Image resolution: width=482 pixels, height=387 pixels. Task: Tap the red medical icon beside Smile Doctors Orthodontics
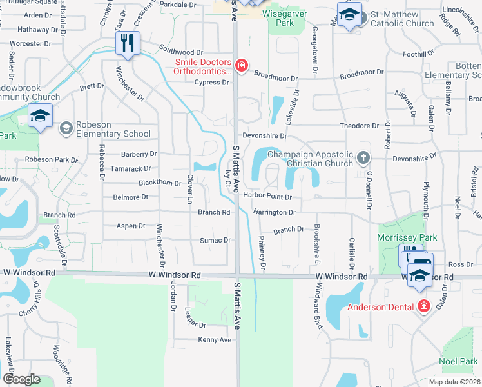pyautogui.click(x=242, y=64)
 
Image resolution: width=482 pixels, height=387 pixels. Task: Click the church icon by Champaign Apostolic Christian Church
pyautogui.click(x=363, y=157)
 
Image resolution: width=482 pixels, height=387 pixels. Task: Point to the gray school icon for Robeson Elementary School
pyautogui.click(x=65, y=129)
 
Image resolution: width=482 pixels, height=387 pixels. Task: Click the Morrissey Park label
pyautogui.click(x=407, y=238)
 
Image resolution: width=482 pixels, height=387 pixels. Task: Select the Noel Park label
pyautogui.click(x=458, y=362)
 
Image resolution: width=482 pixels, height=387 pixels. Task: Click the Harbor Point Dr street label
pyautogui.click(x=267, y=197)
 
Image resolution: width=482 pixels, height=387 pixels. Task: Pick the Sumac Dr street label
pyautogui.click(x=218, y=240)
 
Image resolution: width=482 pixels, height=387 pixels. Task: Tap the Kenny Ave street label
pyautogui.click(x=215, y=339)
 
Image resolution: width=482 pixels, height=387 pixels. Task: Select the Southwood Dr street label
pyautogui.click(x=181, y=52)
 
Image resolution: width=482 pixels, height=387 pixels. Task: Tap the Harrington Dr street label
pyautogui.click(x=274, y=212)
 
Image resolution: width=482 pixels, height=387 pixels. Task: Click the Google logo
pyautogui.click(x=21, y=379)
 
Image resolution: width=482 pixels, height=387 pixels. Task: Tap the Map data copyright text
pyautogui.click(x=446, y=382)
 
